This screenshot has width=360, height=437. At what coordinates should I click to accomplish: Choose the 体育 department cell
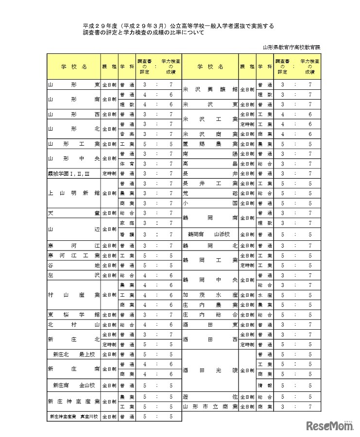click(x=125, y=163)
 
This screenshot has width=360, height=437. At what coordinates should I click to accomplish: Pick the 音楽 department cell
click(x=125, y=134)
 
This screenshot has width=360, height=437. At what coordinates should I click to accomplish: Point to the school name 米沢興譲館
click(x=210, y=89)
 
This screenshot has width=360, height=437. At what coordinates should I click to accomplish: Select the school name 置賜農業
click(x=210, y=144)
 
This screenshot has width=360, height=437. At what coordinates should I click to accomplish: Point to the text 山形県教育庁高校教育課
click(x=291, y=47)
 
